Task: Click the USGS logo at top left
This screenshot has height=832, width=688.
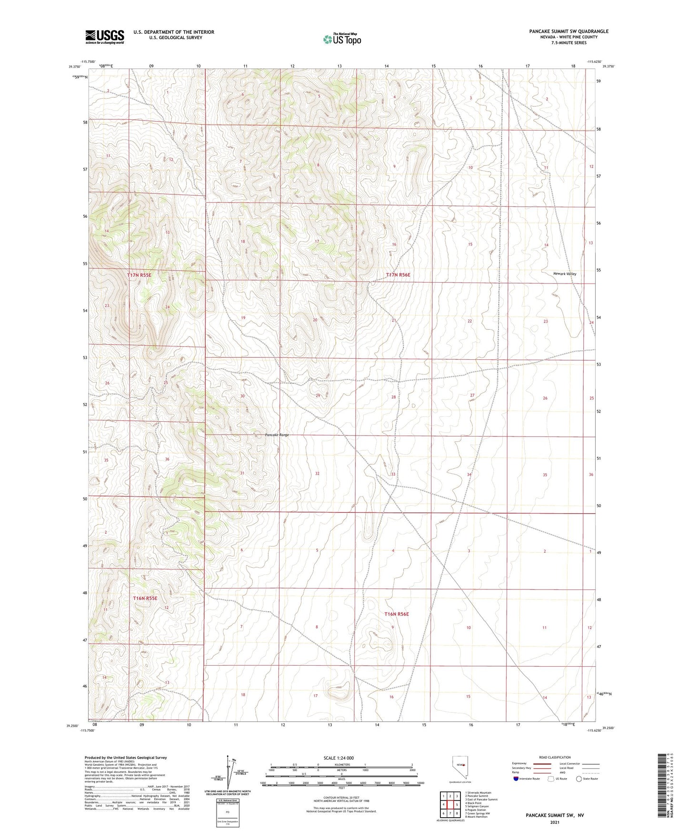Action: pyautogui.click(x=105, y=37)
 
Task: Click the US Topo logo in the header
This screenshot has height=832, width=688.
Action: pyautogui.click(x=342, y=39)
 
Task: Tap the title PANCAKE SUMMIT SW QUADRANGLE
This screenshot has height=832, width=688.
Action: pyautogui.click(x=568, y=31)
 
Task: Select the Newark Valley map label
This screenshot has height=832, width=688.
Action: pyautogui.click(x=564, y=274)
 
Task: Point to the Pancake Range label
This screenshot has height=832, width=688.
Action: pyautogui.click(x=277, y=435)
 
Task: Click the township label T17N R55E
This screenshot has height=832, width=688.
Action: pyautogui.click(x=139, y=275)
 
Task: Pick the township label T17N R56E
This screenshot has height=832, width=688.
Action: pyautogui.click(x=398, y=275)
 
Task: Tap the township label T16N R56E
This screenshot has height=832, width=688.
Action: pyautogui.click(x=396, y=614)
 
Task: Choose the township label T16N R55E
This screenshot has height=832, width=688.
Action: pyautogui.click(x=145, y=598)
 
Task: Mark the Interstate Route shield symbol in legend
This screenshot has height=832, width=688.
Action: pyautogui.click(x=516, y=779)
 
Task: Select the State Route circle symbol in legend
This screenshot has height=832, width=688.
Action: pyautogui.click(x=578, y=779)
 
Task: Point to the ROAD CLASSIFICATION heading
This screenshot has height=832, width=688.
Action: pyautogui.click(x=555, y=757)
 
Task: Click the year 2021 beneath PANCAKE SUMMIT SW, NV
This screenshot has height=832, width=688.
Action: pyautogui.click(x=554, y=822)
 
